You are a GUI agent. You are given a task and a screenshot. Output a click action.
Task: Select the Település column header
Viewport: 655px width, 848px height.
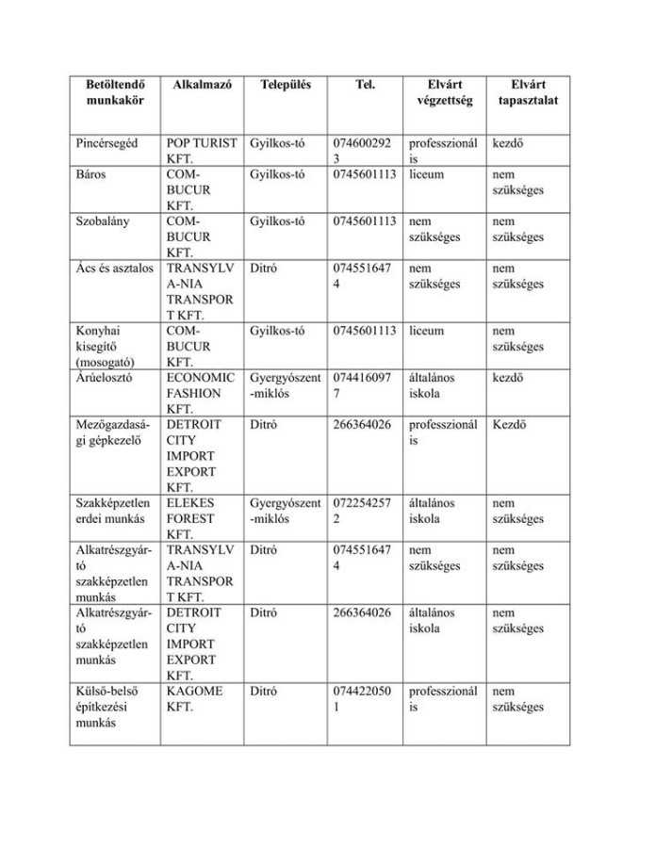tap(286, 84)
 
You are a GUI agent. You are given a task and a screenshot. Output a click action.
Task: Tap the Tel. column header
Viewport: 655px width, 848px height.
tap(366, 84)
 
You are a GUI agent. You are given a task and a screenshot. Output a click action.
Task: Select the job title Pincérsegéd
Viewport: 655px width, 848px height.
tap(106, 144)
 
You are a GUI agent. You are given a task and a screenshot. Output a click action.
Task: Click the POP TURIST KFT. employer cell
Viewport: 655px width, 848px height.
tap(201, 152)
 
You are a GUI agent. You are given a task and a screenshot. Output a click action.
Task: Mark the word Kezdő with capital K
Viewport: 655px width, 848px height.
tap(509, 424)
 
